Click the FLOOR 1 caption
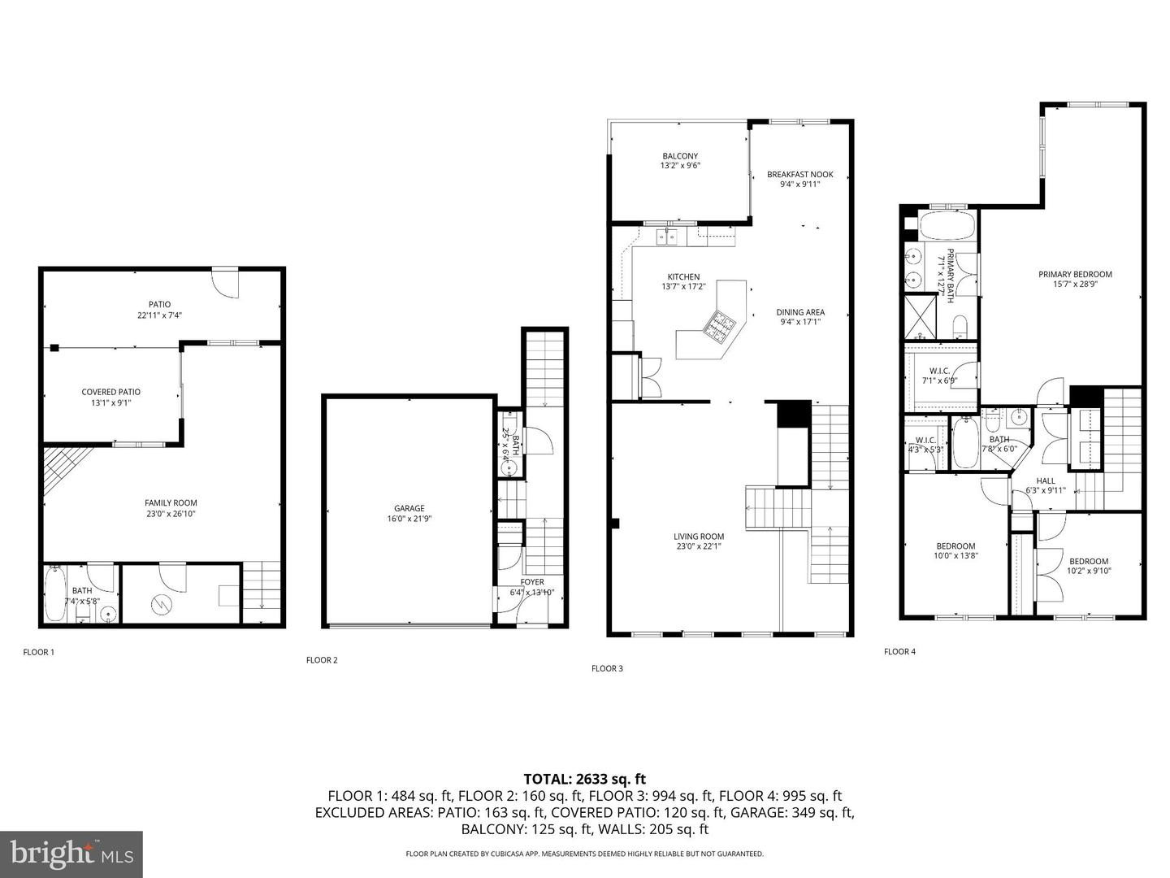pos(38,652)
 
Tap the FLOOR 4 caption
pos(899,651)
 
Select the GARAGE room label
pos(409,509)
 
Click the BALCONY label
pos(680,156)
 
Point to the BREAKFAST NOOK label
pos(800,174)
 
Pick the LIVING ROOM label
pos(699,537)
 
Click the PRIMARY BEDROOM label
pos(1075,275)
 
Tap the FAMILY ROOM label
pos(171,502)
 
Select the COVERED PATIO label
pos(110,393)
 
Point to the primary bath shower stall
pos(920,317)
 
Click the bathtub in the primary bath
pos(947,225)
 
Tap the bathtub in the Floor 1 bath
pos(56,593)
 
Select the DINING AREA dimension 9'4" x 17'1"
pos(800,322)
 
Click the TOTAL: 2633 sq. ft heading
pos(585,779)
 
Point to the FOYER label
pos(532,582)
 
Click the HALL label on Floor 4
pos(1046,480)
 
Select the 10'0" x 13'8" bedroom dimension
pos(955,555)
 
